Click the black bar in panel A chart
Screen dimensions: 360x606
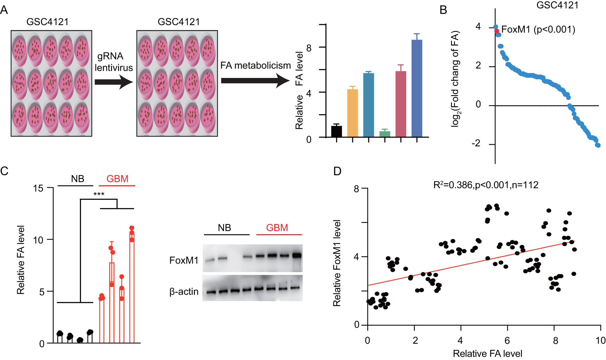pos(336,131)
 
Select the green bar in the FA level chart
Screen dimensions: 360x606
pos(384,134)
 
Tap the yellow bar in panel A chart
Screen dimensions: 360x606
pos(352,113)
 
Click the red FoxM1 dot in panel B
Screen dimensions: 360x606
pos(496,31)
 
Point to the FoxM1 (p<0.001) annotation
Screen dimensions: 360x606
pos(538,29)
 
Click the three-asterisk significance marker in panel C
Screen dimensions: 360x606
pos(99,194)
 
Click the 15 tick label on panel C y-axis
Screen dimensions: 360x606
pos(38,188)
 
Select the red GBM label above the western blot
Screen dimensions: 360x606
pos(277,228)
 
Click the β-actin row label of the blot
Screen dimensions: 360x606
pos(184,291)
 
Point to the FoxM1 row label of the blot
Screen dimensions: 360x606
pos(183,260)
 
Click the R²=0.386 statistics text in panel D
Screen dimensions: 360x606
pos(485,185)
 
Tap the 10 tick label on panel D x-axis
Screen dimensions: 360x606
pos(600,340)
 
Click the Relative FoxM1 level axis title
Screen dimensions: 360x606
pos(337,263)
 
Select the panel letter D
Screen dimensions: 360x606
pos(337,171)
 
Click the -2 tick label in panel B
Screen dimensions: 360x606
pos(476,143)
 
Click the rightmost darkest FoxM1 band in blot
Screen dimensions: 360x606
pos(297,255)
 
